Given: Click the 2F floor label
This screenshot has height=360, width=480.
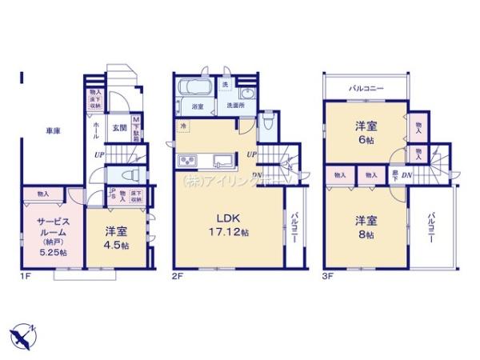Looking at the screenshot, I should pos(178,278).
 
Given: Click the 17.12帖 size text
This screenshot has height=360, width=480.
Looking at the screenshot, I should pos(229,232).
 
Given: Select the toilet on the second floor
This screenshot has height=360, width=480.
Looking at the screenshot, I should pos(269,120).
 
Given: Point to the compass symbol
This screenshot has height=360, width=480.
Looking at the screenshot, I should pos(24,335).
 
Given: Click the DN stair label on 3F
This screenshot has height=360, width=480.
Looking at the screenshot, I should pos(407,175).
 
